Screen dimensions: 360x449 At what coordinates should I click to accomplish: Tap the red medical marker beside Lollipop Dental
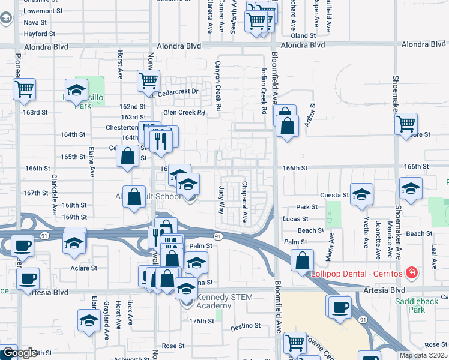coord(411,274)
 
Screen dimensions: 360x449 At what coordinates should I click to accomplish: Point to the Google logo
coord(19,353)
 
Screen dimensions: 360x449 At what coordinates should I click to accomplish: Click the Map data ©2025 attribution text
coord(423,355)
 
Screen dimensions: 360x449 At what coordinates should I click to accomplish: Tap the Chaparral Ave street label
coord(244,202)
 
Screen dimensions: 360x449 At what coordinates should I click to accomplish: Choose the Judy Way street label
coord(221,200)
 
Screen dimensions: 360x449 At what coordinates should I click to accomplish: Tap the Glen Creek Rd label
coord(184,112)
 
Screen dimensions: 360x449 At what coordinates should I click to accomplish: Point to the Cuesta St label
coord(334,195)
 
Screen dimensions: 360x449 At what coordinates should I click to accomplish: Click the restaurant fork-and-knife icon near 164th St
coord(160,139)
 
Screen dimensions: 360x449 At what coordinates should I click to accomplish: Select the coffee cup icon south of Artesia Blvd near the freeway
coord(341,307)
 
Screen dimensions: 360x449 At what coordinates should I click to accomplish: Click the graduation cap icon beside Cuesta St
coord(361,194)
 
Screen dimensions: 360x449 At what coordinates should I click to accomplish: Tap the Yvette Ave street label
coord(366,234)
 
